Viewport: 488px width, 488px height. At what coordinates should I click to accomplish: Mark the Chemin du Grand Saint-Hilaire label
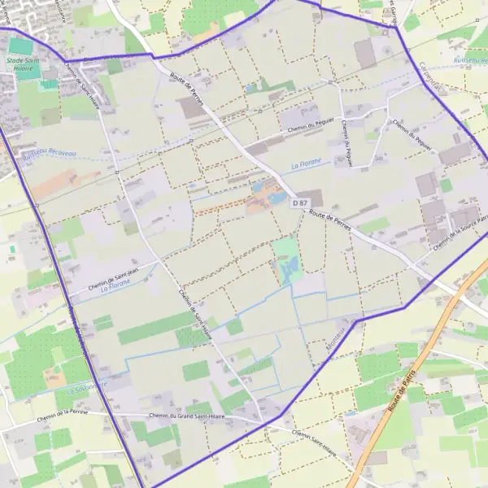186,417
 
